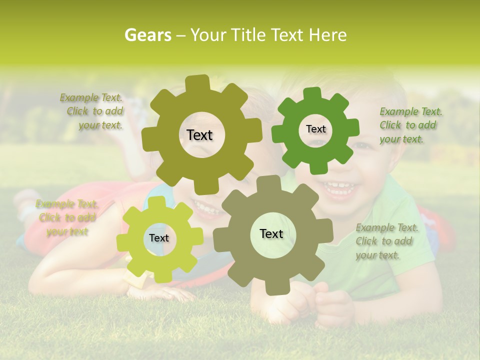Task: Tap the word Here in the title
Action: tap(327, 35)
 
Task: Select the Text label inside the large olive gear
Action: tap(199, 135)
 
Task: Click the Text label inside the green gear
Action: tap(315, 129)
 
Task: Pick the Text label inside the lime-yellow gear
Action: tap(159, 238)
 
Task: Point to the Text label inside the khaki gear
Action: tap(271, 233)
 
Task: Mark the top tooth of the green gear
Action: tap(312, 93)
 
